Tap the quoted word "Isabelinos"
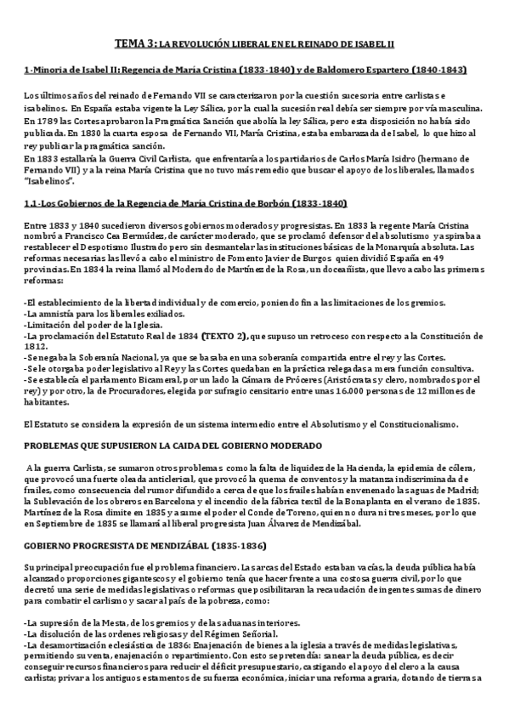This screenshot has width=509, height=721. coord(49,182)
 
